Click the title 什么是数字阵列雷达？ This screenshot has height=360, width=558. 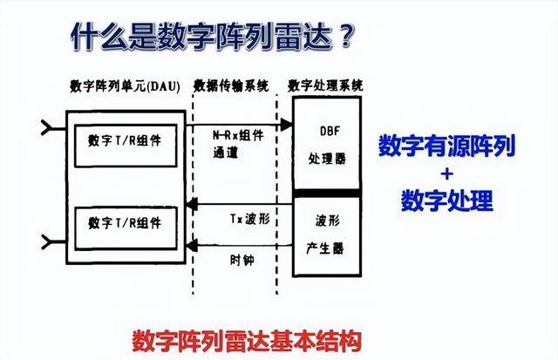(213, 37)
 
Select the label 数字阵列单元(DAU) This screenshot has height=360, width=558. (125, 86)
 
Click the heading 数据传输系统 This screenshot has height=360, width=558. (231, 86)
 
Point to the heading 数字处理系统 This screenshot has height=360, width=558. (325, 85)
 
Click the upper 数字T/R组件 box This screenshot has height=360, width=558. (126, 146)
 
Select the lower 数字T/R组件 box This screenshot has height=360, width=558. (126, 228)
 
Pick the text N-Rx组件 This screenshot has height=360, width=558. (238, 135)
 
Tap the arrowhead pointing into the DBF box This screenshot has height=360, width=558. (287, 125)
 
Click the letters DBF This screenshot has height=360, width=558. (330, 131)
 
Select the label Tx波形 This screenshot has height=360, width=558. (250, 219)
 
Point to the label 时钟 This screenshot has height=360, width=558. (242, 261)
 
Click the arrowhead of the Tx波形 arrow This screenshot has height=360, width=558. (192, 205)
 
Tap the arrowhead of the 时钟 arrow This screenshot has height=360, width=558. (192, 245)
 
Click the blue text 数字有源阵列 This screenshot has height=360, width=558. (447, 146)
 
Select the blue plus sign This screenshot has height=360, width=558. (447, 174)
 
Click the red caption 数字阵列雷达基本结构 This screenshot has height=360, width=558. (247, 342)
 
